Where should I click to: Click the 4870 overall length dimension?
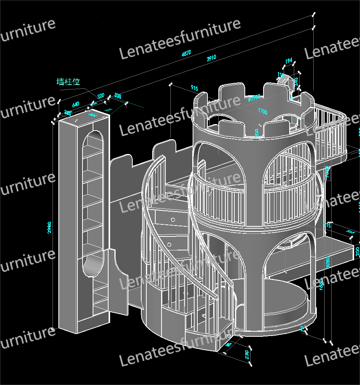coord(186,53)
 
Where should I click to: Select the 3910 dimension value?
coord(211,58)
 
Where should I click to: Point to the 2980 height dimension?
coord(49,227)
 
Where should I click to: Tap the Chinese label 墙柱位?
coord(68,82)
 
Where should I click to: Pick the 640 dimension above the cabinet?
coord(76,104)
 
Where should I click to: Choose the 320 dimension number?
coord(100,96)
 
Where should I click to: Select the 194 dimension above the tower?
coord(288,61)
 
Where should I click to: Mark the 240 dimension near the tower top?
coord(296,82)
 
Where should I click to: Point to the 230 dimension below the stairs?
coord(246,355)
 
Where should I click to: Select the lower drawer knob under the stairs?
coord(169,244)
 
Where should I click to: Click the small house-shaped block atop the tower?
coord(285,79)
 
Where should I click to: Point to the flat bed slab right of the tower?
coord(335,253)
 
